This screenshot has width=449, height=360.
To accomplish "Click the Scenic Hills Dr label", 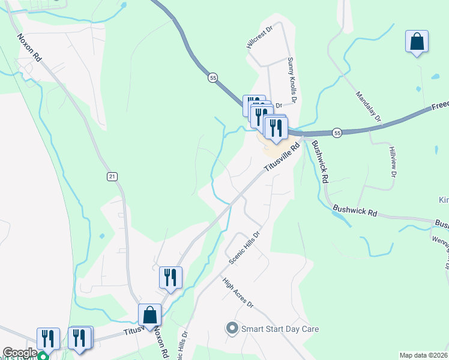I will coord(245,248).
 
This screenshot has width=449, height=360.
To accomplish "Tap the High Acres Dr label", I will coord(238,292).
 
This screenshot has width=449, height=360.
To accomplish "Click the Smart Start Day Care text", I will coord(280,329).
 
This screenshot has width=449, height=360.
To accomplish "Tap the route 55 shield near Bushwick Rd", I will coord(337,133).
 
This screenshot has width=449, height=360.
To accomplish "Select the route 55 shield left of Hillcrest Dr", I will coord(212,78).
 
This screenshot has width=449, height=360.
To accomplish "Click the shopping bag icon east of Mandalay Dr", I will coord(417,42).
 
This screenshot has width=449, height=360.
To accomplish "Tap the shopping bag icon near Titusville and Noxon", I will coord(149,314).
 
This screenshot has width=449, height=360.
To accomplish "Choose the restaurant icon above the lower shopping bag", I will coord(170,277).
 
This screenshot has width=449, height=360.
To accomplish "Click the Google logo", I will coord(20,353).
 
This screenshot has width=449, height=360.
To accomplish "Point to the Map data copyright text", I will coord(424,355).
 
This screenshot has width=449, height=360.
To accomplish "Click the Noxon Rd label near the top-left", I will coord(29,47).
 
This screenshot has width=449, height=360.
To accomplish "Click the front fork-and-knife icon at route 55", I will coord(276,128).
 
